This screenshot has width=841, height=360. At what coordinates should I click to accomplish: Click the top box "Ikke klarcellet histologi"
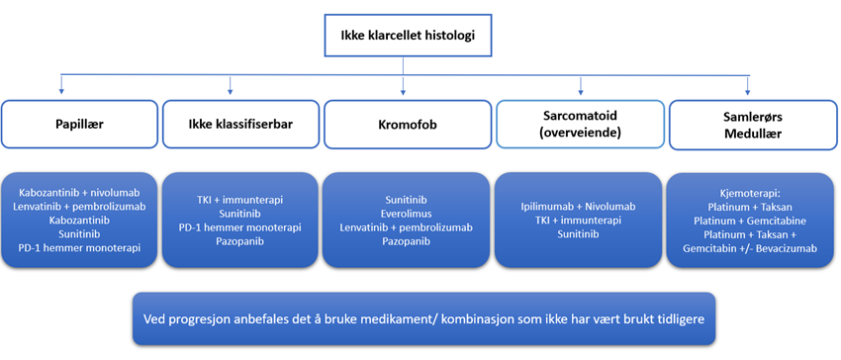click(405, 39)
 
